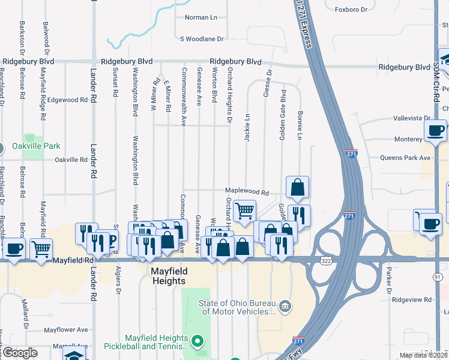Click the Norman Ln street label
pyautogui.click(x=200, y=17)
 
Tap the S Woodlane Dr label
pyautogui.click(x=202, y=38)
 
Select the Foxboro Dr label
pyautogui.click(x=351, y=10)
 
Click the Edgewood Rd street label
pyautogui.click(x=68, y=100)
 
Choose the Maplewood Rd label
pyautogui.click(x=247, y=191)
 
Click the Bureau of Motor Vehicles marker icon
pyautogui.click(x=286, y=307)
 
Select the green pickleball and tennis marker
pyautogui.click(x=197, y=343)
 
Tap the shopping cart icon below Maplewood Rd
pyautogui.click(x=244, y=211)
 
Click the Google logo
pyautogui.click(x=20, y=353)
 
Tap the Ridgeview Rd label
pyautogui.click(x=411, y=299)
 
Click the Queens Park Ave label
pyautogui.click(x=406, y=158)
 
